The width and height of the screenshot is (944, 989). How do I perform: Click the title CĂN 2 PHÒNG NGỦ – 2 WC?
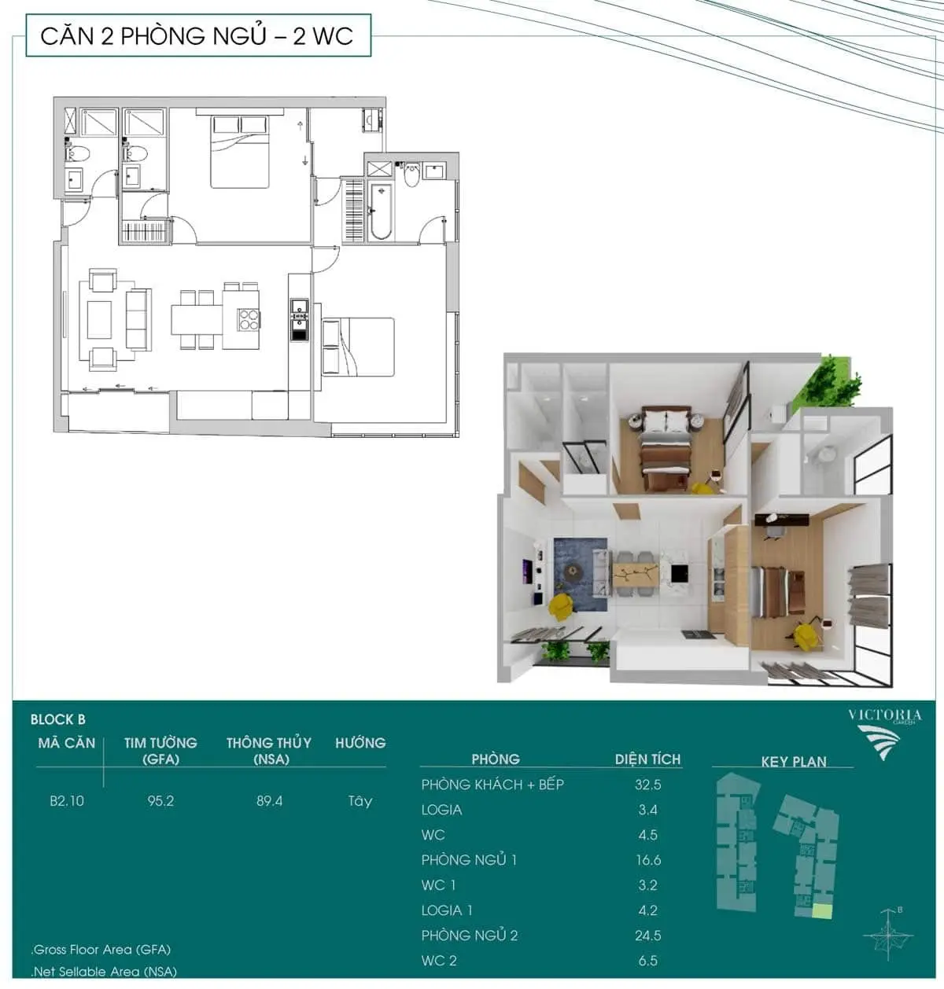(197, 36)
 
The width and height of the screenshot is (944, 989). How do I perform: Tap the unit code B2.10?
(67, 800)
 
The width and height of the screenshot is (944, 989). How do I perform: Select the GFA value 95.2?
(160, 800)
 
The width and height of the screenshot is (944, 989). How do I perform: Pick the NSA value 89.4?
(269, 800)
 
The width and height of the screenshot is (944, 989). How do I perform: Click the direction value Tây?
(360, 801)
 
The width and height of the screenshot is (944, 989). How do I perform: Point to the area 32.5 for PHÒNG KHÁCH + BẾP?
(648, 785)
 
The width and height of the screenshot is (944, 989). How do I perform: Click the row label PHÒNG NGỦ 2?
(469, 936)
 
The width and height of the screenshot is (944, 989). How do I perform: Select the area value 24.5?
(648, 936)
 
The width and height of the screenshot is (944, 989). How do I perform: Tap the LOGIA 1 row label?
(447, 910)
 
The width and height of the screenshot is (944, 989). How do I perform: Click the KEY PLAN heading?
(794, 761)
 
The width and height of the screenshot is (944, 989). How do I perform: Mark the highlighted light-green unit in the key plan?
(822, 911)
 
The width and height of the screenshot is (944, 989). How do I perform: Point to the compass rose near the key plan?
(888, 934)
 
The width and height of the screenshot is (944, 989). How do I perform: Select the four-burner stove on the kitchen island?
(249, 319)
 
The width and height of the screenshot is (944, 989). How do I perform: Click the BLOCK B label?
(58, 719)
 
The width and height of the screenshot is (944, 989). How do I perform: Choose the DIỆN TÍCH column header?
(647, 759)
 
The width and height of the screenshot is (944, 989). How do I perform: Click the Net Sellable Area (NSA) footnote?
(104, 972)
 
